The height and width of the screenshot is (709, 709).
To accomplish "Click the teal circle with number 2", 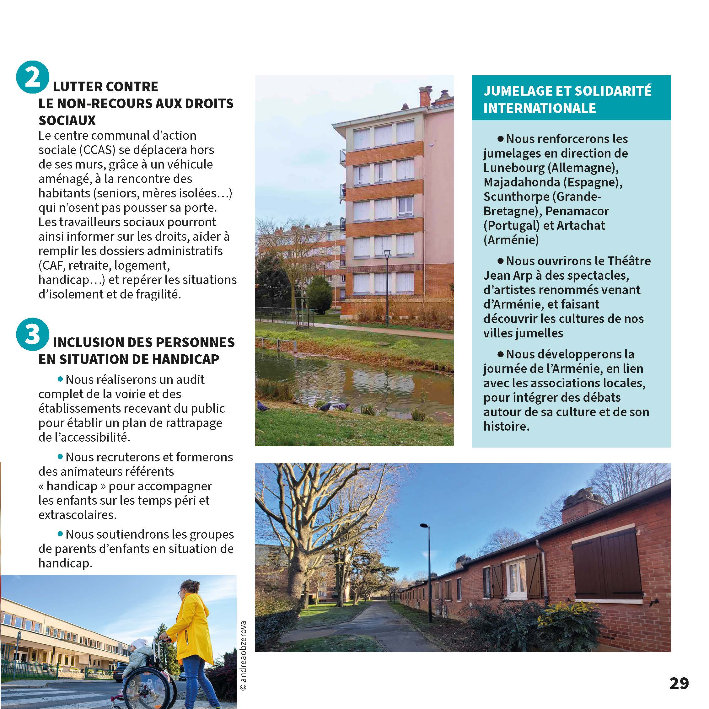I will [x=32, y=77].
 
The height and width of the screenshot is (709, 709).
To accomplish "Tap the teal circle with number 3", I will [x=32, y=334].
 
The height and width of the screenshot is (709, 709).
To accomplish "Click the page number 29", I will [x=679, y=683].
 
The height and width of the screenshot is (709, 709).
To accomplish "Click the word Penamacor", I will [x=577, y=211].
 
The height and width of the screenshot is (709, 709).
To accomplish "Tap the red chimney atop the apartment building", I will [x=425, y=96].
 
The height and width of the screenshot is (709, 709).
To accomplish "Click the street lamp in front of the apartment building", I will [x=387, y=286].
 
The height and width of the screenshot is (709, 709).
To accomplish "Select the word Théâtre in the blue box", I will [x=629, y=261].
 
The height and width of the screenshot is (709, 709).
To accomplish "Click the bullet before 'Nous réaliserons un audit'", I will [x=61, y=379].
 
